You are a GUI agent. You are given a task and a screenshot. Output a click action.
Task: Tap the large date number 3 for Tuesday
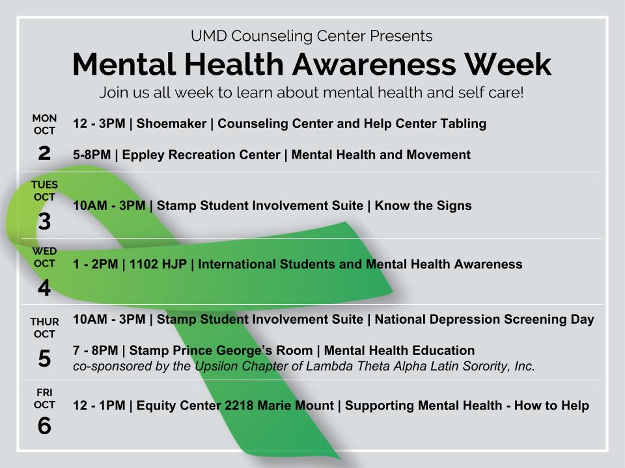(x=44, y=222)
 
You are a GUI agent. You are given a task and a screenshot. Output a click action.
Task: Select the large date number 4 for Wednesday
(x=44, y=288)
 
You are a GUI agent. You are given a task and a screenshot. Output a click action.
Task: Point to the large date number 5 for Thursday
(x=44, y=358)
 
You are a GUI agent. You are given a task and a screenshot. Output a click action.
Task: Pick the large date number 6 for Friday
(x=44, y=426)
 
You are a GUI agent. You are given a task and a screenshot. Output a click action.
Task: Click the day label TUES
(x=44, y=185)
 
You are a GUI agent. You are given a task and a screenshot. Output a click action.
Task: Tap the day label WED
(x=44, y=251)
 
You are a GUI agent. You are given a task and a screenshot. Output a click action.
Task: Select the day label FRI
(x=44, y=392)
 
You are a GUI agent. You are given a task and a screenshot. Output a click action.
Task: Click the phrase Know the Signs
(x=424, y=205)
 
